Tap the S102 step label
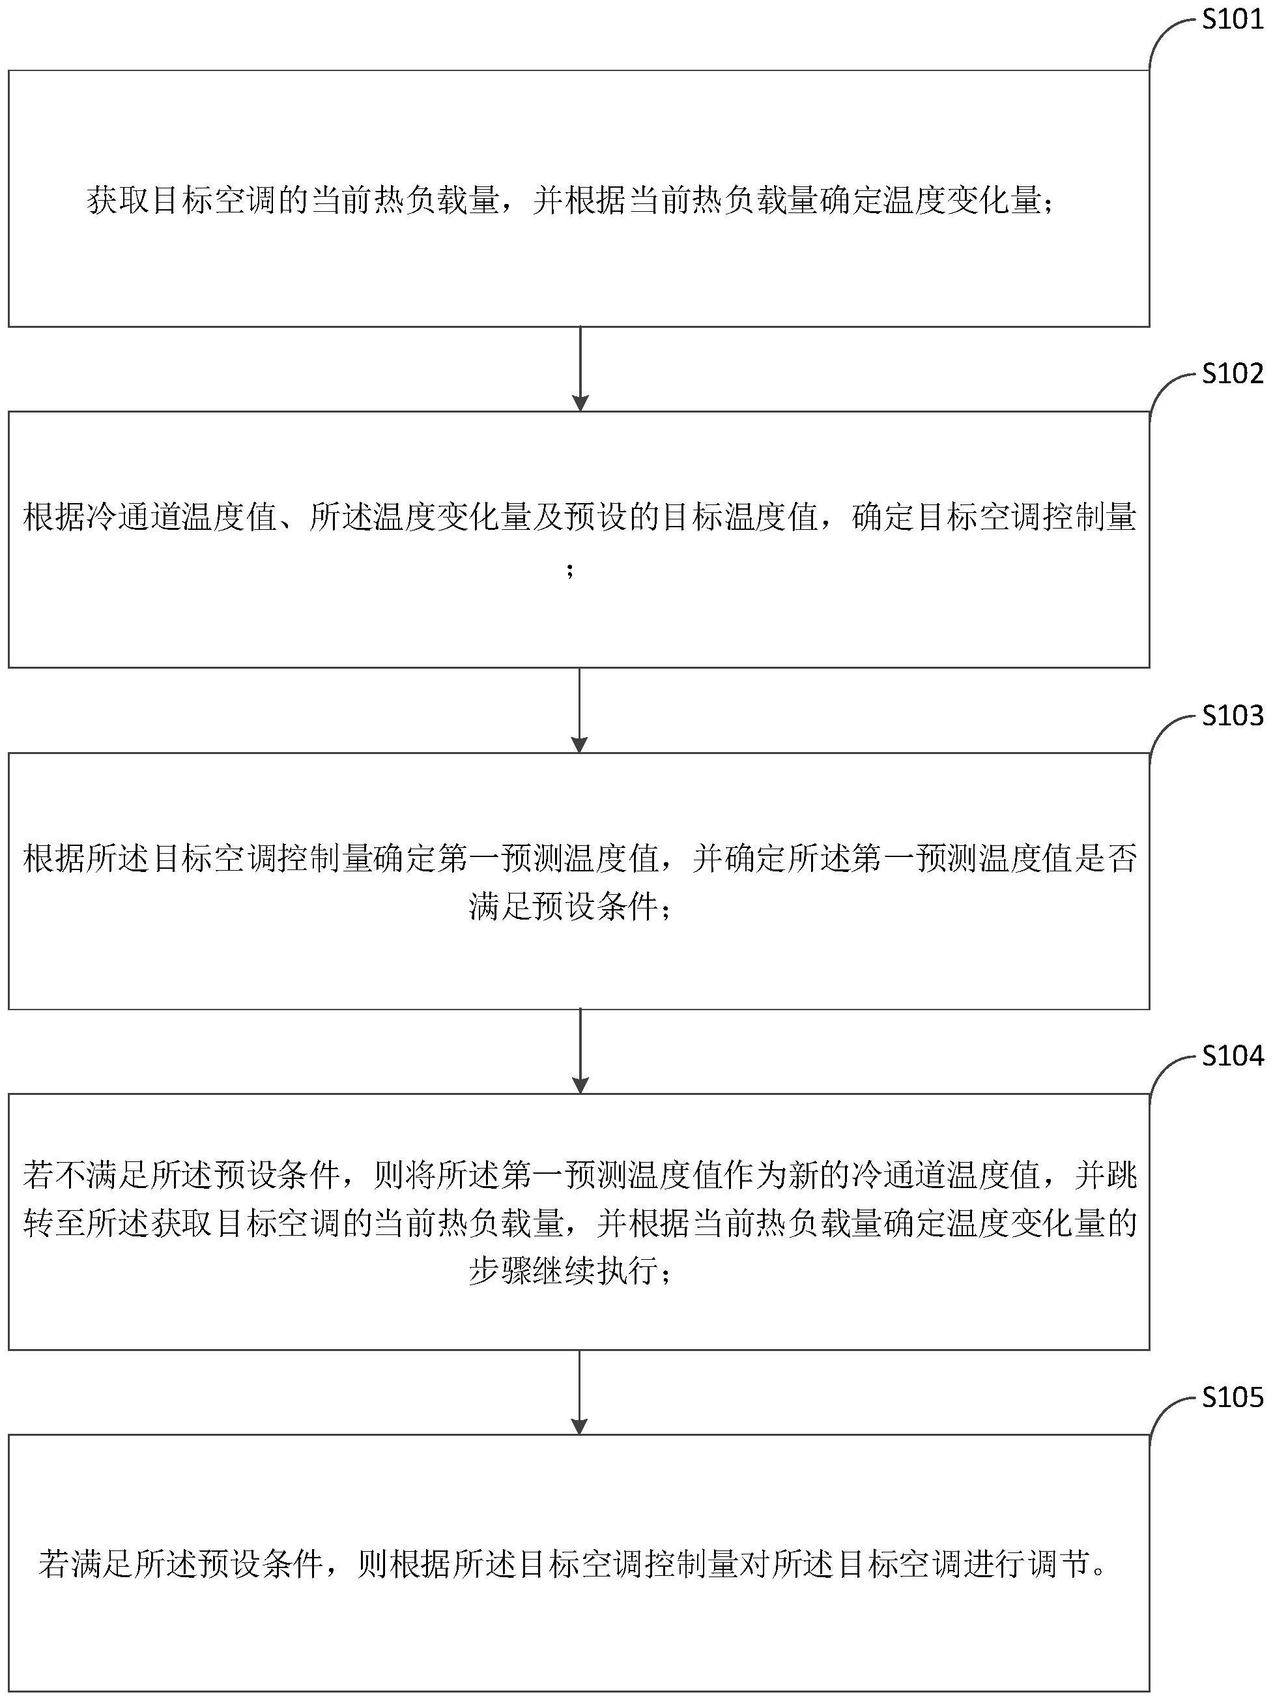(1232, 373)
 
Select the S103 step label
(1232, 716)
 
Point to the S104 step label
(1232, 1056)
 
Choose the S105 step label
(1232, 1397)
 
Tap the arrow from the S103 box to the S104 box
(580, 1051)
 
